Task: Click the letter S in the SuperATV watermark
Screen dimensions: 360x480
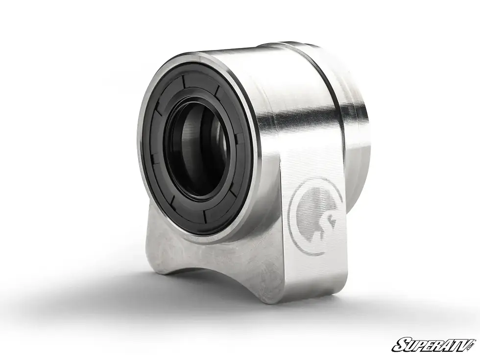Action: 397,345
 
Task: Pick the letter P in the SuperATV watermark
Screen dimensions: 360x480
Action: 416,345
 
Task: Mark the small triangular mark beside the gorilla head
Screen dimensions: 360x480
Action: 333,223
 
